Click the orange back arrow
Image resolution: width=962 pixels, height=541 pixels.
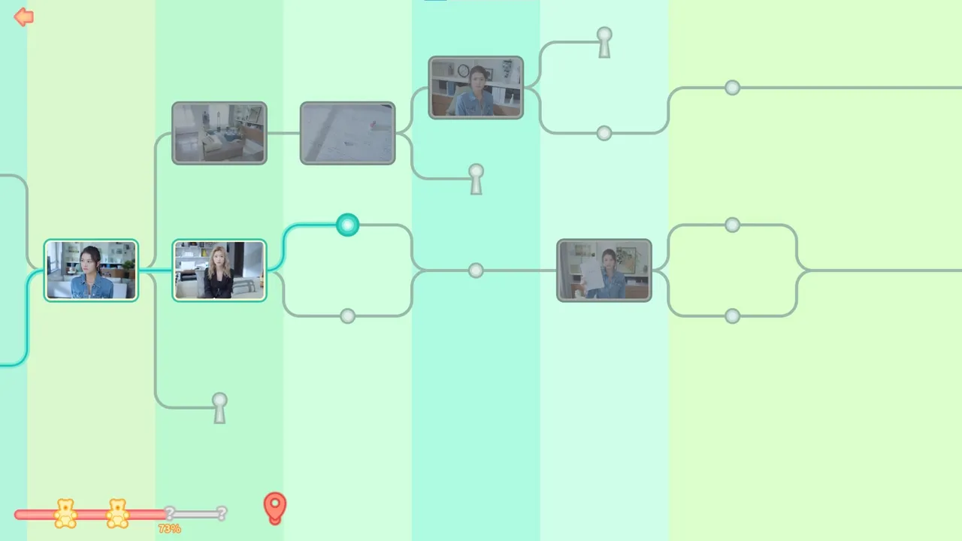click(23, 17)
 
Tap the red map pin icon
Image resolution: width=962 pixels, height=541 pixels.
click(275, 507)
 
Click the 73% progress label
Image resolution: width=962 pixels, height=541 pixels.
click(170, 528)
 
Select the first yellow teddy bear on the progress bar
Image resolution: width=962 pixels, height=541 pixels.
click(65, 513)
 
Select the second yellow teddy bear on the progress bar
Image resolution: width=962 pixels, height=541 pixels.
click(117, 513)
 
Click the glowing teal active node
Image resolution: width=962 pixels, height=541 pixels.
click(347, 225)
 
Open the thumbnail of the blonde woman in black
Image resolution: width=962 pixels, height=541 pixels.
click(219, 270)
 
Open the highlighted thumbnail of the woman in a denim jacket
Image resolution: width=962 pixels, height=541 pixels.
click(91, 270)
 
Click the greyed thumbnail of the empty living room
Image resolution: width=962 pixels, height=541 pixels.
click(219, 133)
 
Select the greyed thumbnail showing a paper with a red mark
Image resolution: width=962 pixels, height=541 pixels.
click(347, 133)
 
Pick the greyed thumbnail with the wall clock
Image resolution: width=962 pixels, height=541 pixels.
click(476, 88)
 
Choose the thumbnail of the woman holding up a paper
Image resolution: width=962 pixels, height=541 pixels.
click(604, 270)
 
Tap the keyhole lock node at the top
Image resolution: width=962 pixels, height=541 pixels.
click(604, 42)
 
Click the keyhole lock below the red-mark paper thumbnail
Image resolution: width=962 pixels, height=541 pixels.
click(476, 179)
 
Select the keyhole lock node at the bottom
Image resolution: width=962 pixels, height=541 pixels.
click(219, 408)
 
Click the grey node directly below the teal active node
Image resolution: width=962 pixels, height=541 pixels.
click(347, 316)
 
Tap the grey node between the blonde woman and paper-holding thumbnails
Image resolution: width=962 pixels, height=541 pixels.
click(476, 270)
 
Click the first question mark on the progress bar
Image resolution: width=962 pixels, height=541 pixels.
click(170, 512)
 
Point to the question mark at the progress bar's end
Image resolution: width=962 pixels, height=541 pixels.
click(222, 513)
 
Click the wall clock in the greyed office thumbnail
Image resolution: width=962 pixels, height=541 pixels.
click(464, 71)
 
